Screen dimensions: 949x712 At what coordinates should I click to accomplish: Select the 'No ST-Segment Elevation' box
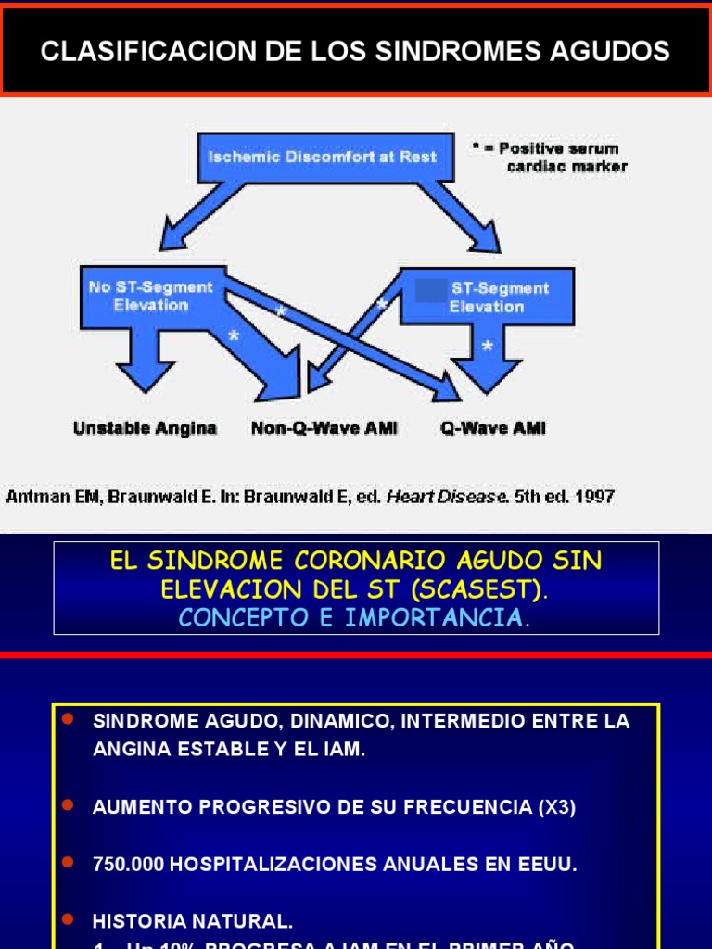pyautogui.click(x=150, y=297)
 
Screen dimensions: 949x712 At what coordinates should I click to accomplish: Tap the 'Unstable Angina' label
pyautogui.click(x=145, y=428)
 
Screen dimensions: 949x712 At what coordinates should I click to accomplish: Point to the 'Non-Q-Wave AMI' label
pyautogui.click(x=324, y=428)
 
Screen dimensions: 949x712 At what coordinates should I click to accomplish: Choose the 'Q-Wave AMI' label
pyautogui.click(x=492, y=428)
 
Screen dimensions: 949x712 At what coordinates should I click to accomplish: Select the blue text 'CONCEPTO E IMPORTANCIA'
pyautogui.click(x=350, y=618)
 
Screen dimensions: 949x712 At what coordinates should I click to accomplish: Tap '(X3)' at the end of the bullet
pyautogui.click(x=556, y=807)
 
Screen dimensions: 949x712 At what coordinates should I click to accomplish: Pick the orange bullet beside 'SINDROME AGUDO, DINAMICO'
pyautogui.click(x=67, y=720)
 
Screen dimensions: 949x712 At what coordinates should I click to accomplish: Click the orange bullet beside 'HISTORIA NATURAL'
pyautogui.click(x=67, y=919)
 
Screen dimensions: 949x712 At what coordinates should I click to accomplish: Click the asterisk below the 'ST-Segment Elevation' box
pyautogui.click(x=488, y=347)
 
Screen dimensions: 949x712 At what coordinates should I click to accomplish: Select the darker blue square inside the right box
pyautogui.click(x=430, y=289)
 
